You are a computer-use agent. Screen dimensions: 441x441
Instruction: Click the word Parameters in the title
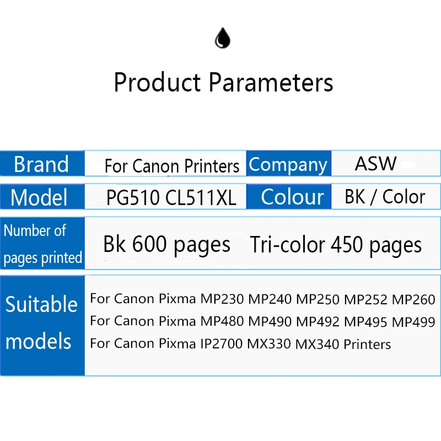pyautogui.click(x=271, y=83)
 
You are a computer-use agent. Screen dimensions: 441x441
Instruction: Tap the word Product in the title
pyautogui.click(x=157, y=83)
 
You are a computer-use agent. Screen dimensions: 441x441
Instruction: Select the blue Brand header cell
pyautogui.click(x=42, y=164)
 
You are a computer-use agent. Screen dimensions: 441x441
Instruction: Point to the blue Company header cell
pyautogui.click(x=288, y=164)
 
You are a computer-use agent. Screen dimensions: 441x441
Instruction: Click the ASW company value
pyautogui.click(x=375, y=164)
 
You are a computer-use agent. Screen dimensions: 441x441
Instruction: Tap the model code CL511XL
pyautogui.click(x=201, y=197)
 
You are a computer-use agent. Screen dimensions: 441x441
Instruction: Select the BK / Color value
pyautogui.click(x=385, y=197)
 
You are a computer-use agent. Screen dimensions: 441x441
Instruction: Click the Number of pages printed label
pyautogui.click(x=42, y=244)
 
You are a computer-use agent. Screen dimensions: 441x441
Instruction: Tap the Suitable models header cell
pyautogui.click(x=42, y=322)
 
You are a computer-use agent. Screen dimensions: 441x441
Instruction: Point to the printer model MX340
pyautogui.click(x=317, y=344)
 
